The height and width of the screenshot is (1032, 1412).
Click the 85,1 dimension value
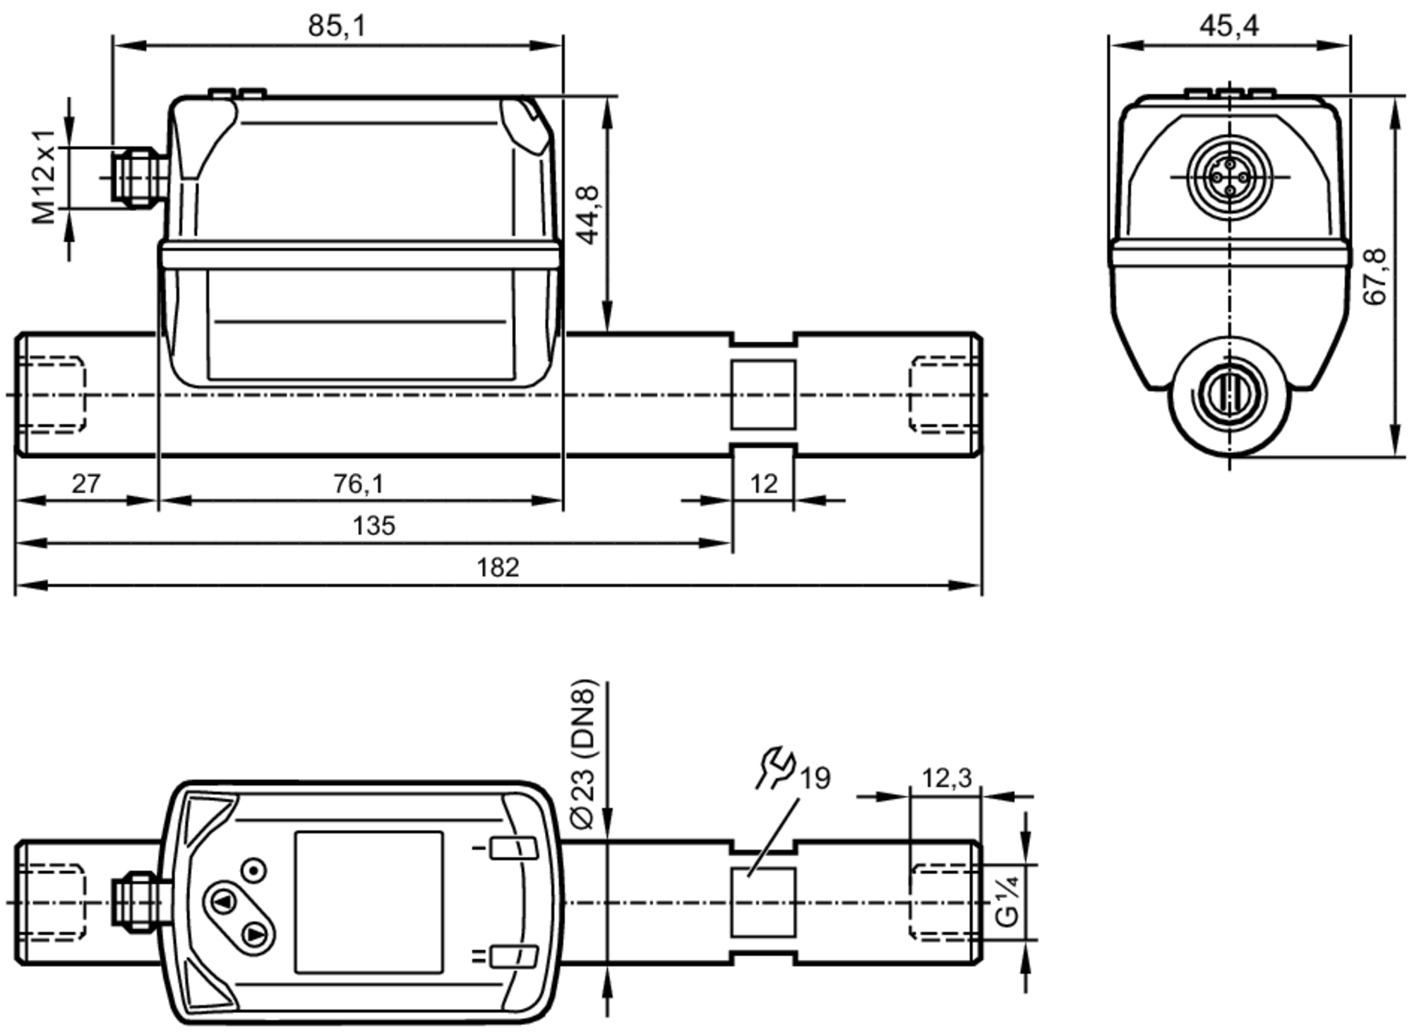337,26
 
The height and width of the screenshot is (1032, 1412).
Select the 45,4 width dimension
1229,26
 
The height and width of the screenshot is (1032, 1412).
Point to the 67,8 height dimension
1375,277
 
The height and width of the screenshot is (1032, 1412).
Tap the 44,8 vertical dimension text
588,215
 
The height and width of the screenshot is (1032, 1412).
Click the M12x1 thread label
44,176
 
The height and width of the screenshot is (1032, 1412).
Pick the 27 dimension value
86,484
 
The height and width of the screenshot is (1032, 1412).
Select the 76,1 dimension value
359,484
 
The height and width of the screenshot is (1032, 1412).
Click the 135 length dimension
373,526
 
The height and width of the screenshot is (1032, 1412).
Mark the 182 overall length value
497,568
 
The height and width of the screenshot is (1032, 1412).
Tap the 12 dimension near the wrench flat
763,484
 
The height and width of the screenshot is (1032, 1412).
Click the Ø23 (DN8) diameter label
584,754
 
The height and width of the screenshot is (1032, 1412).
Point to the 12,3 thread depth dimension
946,778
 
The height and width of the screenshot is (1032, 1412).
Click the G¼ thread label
1007,901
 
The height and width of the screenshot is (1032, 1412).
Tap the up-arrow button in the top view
225,901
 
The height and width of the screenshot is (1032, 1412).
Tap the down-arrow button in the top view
254,935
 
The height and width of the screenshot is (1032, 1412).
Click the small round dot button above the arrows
253,870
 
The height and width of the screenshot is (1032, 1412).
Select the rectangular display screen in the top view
369,901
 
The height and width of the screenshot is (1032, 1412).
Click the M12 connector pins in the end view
1230,176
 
